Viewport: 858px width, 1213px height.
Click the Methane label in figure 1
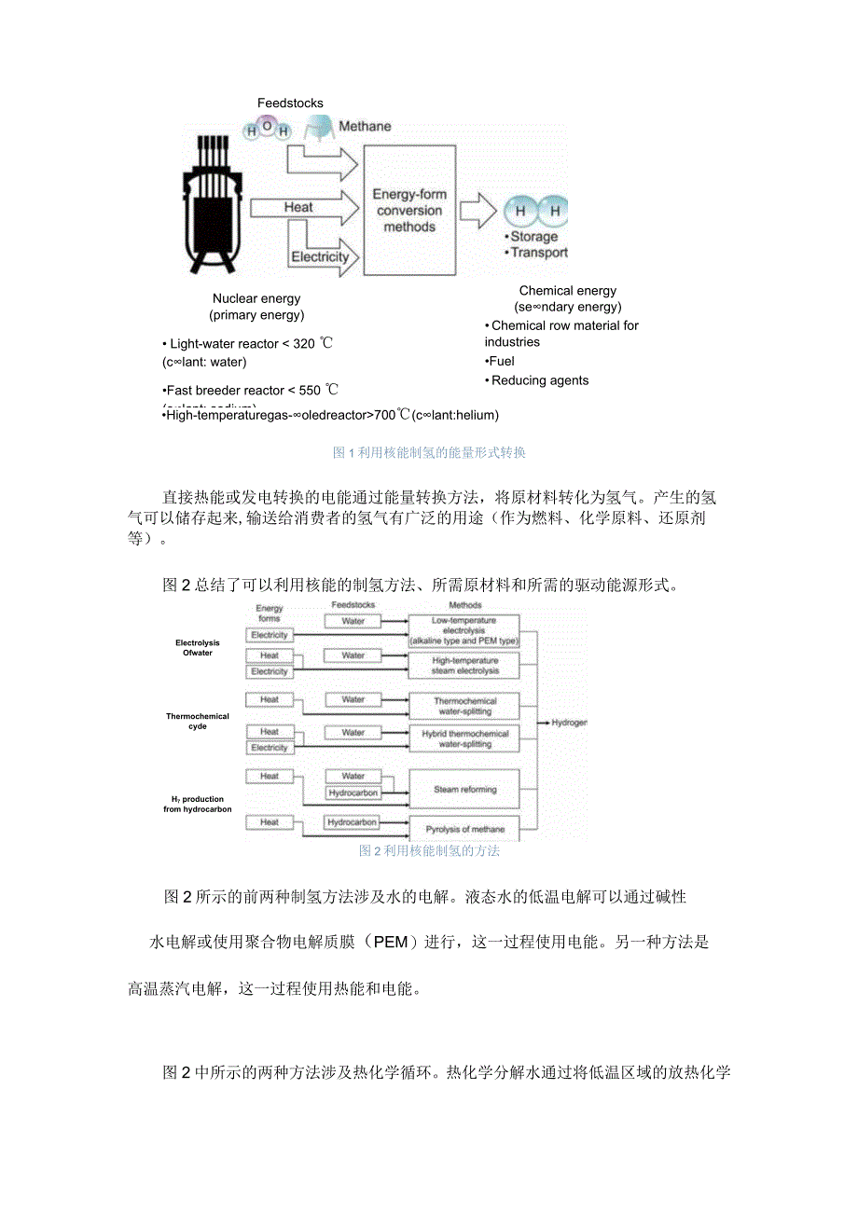tap(365, 126)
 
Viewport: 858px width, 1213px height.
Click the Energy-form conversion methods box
tap(409, 210)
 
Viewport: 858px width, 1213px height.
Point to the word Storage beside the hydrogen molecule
tap(535, 237)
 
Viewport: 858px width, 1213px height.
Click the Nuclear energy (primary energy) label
tap(256, 307)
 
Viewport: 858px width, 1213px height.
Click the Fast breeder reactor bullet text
tap(252, 390)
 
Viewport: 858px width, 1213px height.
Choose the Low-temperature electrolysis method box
tap(464, 631)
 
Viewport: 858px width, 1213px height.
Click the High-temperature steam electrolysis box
tap(464, 666)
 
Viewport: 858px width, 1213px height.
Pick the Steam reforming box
tap(464, 790)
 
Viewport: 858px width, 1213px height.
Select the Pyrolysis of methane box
tap(464, 829)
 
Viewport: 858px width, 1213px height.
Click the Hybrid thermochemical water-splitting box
tap(464, 739)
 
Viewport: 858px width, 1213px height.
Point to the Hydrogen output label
tap(569, 723)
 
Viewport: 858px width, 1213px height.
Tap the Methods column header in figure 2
tap(464, 606)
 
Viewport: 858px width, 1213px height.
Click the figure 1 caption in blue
tap(430, 453)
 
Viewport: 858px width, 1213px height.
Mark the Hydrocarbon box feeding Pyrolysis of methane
tap(353, 822)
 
